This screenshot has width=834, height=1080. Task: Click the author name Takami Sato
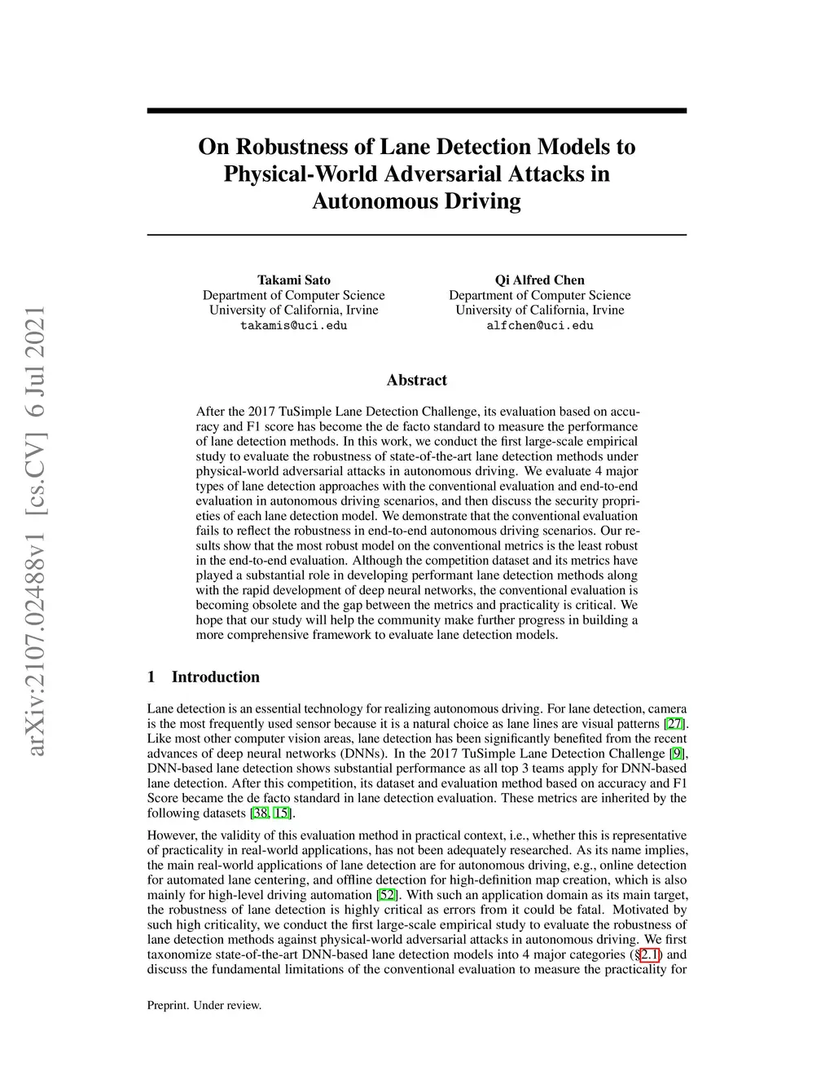pos(294,280)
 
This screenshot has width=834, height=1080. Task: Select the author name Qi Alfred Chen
pos(539,280)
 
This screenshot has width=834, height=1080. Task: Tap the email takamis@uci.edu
pos(294,325)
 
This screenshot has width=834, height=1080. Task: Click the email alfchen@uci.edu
pos(539,325)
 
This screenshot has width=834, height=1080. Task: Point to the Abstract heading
pos(416,380)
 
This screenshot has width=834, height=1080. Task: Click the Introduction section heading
pos(215,677)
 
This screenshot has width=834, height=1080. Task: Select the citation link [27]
pos(674,724)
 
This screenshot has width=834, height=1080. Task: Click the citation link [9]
pos(677,754)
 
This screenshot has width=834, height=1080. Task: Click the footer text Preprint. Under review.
pos(204,1006)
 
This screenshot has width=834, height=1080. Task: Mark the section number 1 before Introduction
pos(151,677)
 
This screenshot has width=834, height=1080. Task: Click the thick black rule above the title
pos(416,110)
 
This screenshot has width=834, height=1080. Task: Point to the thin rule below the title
pos(416,235)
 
